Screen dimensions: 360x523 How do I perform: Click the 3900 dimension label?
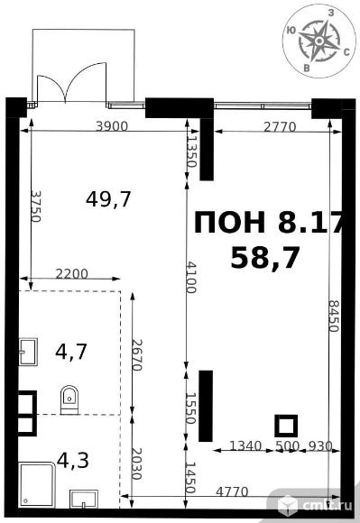(112, 126)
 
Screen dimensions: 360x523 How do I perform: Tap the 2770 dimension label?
(280, 127)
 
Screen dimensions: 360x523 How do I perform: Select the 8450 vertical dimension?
(333, 316)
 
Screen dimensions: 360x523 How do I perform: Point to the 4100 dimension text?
(191, 277)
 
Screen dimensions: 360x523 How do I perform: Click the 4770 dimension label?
(232, 491)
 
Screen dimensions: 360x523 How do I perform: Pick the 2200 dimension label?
(72, 274)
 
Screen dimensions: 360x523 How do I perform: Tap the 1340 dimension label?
(245, 445)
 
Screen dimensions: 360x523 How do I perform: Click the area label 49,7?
(108, 199)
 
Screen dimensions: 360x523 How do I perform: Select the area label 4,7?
(71, 352)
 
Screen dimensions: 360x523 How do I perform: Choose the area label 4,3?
(73, 460)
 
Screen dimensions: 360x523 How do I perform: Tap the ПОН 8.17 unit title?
(269, 222)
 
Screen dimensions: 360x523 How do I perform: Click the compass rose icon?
(318, 41)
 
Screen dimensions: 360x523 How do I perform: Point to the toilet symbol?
(69, 400)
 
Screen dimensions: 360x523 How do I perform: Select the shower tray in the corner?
(37, 484)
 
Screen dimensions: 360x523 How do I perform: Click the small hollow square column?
(286, 426)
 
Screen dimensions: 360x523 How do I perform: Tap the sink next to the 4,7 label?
(28, 353)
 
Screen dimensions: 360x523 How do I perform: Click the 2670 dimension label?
(137, 355)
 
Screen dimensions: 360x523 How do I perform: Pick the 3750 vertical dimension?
(35, 206)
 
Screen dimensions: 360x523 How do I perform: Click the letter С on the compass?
(346, 52)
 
